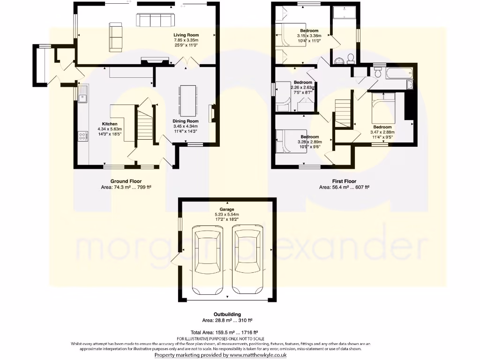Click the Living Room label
click(x=187, y=35)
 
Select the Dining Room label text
click(x=186, y=121)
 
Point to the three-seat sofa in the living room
click(x=155, y=20)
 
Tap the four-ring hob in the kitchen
click(x=83, y=136)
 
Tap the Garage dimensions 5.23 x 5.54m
click(x=227, y=215)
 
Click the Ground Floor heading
click(x=126, y=181)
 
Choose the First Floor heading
click(x=344, y=181)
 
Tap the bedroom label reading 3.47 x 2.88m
click(x=382, y=132)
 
